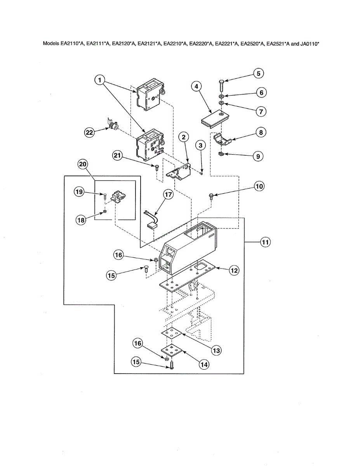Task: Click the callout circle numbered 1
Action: pyautogui.click(x=100, y=80)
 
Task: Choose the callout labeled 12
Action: pyautogui.click(x=233, y=271)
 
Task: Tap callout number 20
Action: pyautogui.click(x=82, y=165)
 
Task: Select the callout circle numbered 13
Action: pyautogui.click(x=216, y=350)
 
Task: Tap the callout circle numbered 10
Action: pyautogui.click(x=259, y=186)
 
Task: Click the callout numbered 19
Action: pyautogui.click(x=80, y=192)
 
